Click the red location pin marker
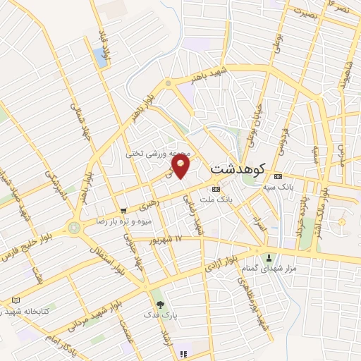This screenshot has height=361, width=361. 182,166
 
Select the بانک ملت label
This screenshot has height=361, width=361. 216,200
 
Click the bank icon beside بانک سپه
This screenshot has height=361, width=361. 279,176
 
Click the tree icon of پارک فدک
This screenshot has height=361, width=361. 161,305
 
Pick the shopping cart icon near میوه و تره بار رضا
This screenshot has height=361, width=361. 124,210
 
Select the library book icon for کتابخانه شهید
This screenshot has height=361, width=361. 16,300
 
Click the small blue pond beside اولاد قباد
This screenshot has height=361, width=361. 100,57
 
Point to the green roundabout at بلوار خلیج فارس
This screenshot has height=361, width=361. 73,227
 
